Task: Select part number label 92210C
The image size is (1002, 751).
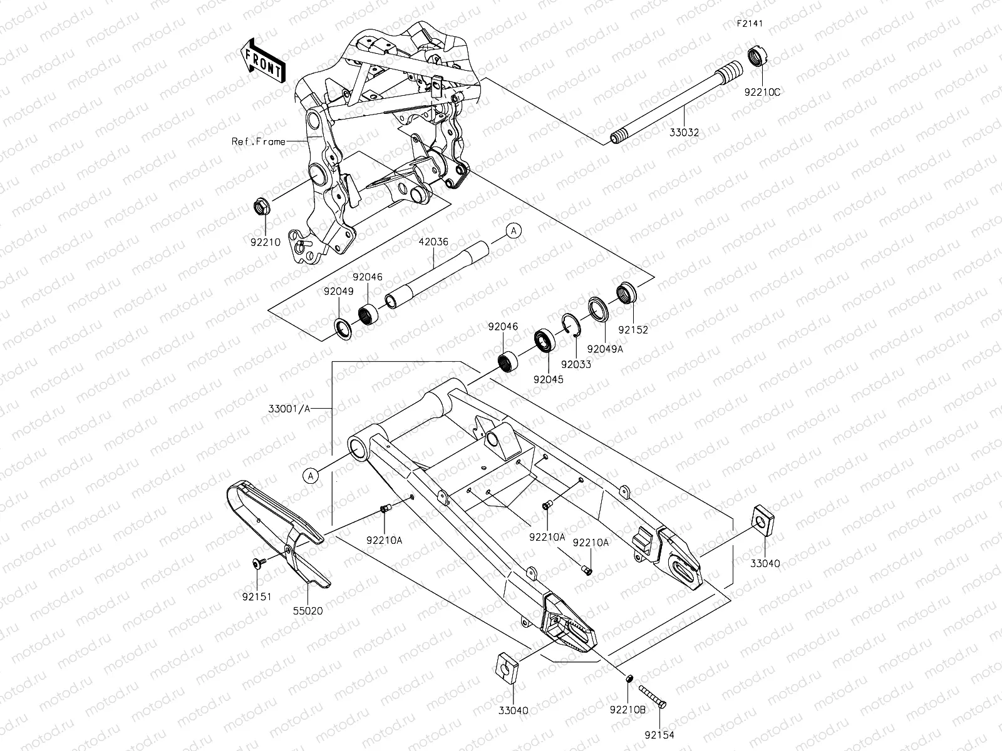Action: tap(762, 92)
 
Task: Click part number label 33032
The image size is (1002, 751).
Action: tap(683, 133)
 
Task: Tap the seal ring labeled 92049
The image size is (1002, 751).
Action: tap(343, 327)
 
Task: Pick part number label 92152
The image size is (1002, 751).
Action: tap(633, 330)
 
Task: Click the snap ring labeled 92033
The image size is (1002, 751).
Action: tap(572, 324)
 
